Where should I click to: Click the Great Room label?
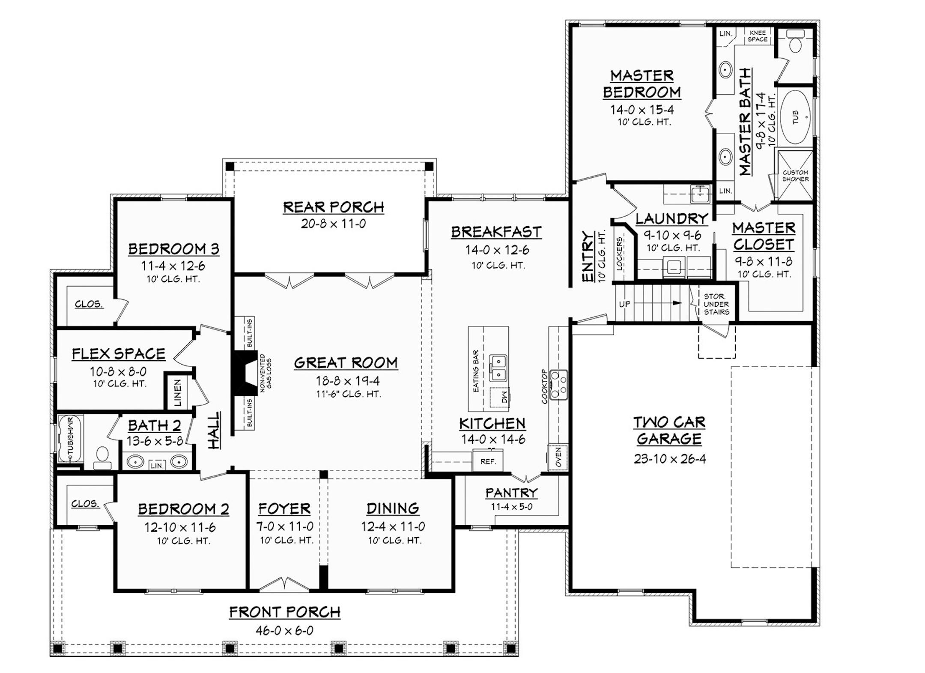pos(346,363)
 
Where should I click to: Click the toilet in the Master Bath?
pos(795,41)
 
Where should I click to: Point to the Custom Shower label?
pos(795,176)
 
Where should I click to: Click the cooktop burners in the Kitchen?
pos(558,384)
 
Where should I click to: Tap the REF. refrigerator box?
pos(488,461)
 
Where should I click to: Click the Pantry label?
pos(511,493)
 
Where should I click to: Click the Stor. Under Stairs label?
pos(716,304)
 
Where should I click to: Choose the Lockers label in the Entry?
pos(619,253)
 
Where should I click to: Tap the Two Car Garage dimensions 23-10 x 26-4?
pos(670,459)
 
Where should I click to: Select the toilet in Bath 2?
pos(102,458)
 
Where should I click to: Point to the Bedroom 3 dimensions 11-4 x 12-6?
pos(173,266)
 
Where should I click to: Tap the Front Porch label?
pos(285,612)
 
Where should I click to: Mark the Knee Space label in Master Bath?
pos(758,36)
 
